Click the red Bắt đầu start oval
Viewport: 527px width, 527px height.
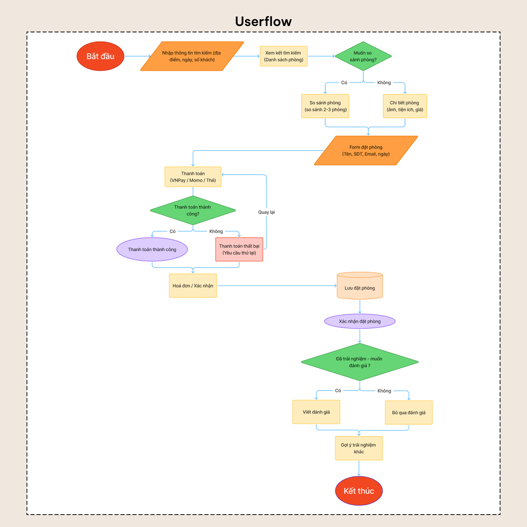click(101, 56)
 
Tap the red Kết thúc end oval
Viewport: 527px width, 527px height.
click(359, 490)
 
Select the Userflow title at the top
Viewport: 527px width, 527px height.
click(263, 21)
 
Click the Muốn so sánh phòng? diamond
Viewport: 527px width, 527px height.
click(363, 56)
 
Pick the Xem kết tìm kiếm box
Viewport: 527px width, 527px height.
click(283, 56)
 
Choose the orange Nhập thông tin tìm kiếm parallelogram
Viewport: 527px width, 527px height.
click(192, 56)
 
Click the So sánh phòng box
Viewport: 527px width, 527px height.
click(325, 106)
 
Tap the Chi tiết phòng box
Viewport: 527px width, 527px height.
click(405, 106)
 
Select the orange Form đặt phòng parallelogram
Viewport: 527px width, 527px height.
click(366, 151)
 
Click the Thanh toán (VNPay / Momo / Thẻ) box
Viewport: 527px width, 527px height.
click(193, 177)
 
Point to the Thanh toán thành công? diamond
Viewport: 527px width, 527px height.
click(193, 210)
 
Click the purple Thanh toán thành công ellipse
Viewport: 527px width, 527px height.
click(152, 249)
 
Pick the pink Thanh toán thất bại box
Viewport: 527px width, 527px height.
click(239, 249)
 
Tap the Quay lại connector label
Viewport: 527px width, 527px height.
click(267, 212)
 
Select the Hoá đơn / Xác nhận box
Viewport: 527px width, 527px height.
click(193, 285)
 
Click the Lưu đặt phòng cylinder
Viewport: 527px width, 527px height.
click(359, 285)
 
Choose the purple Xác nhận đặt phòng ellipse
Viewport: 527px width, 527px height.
click(359, 321)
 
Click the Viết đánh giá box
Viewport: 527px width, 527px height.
click(316, 412)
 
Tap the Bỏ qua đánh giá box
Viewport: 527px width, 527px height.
click(408, 413)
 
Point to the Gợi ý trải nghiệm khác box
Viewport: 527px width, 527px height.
click(359, 448)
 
